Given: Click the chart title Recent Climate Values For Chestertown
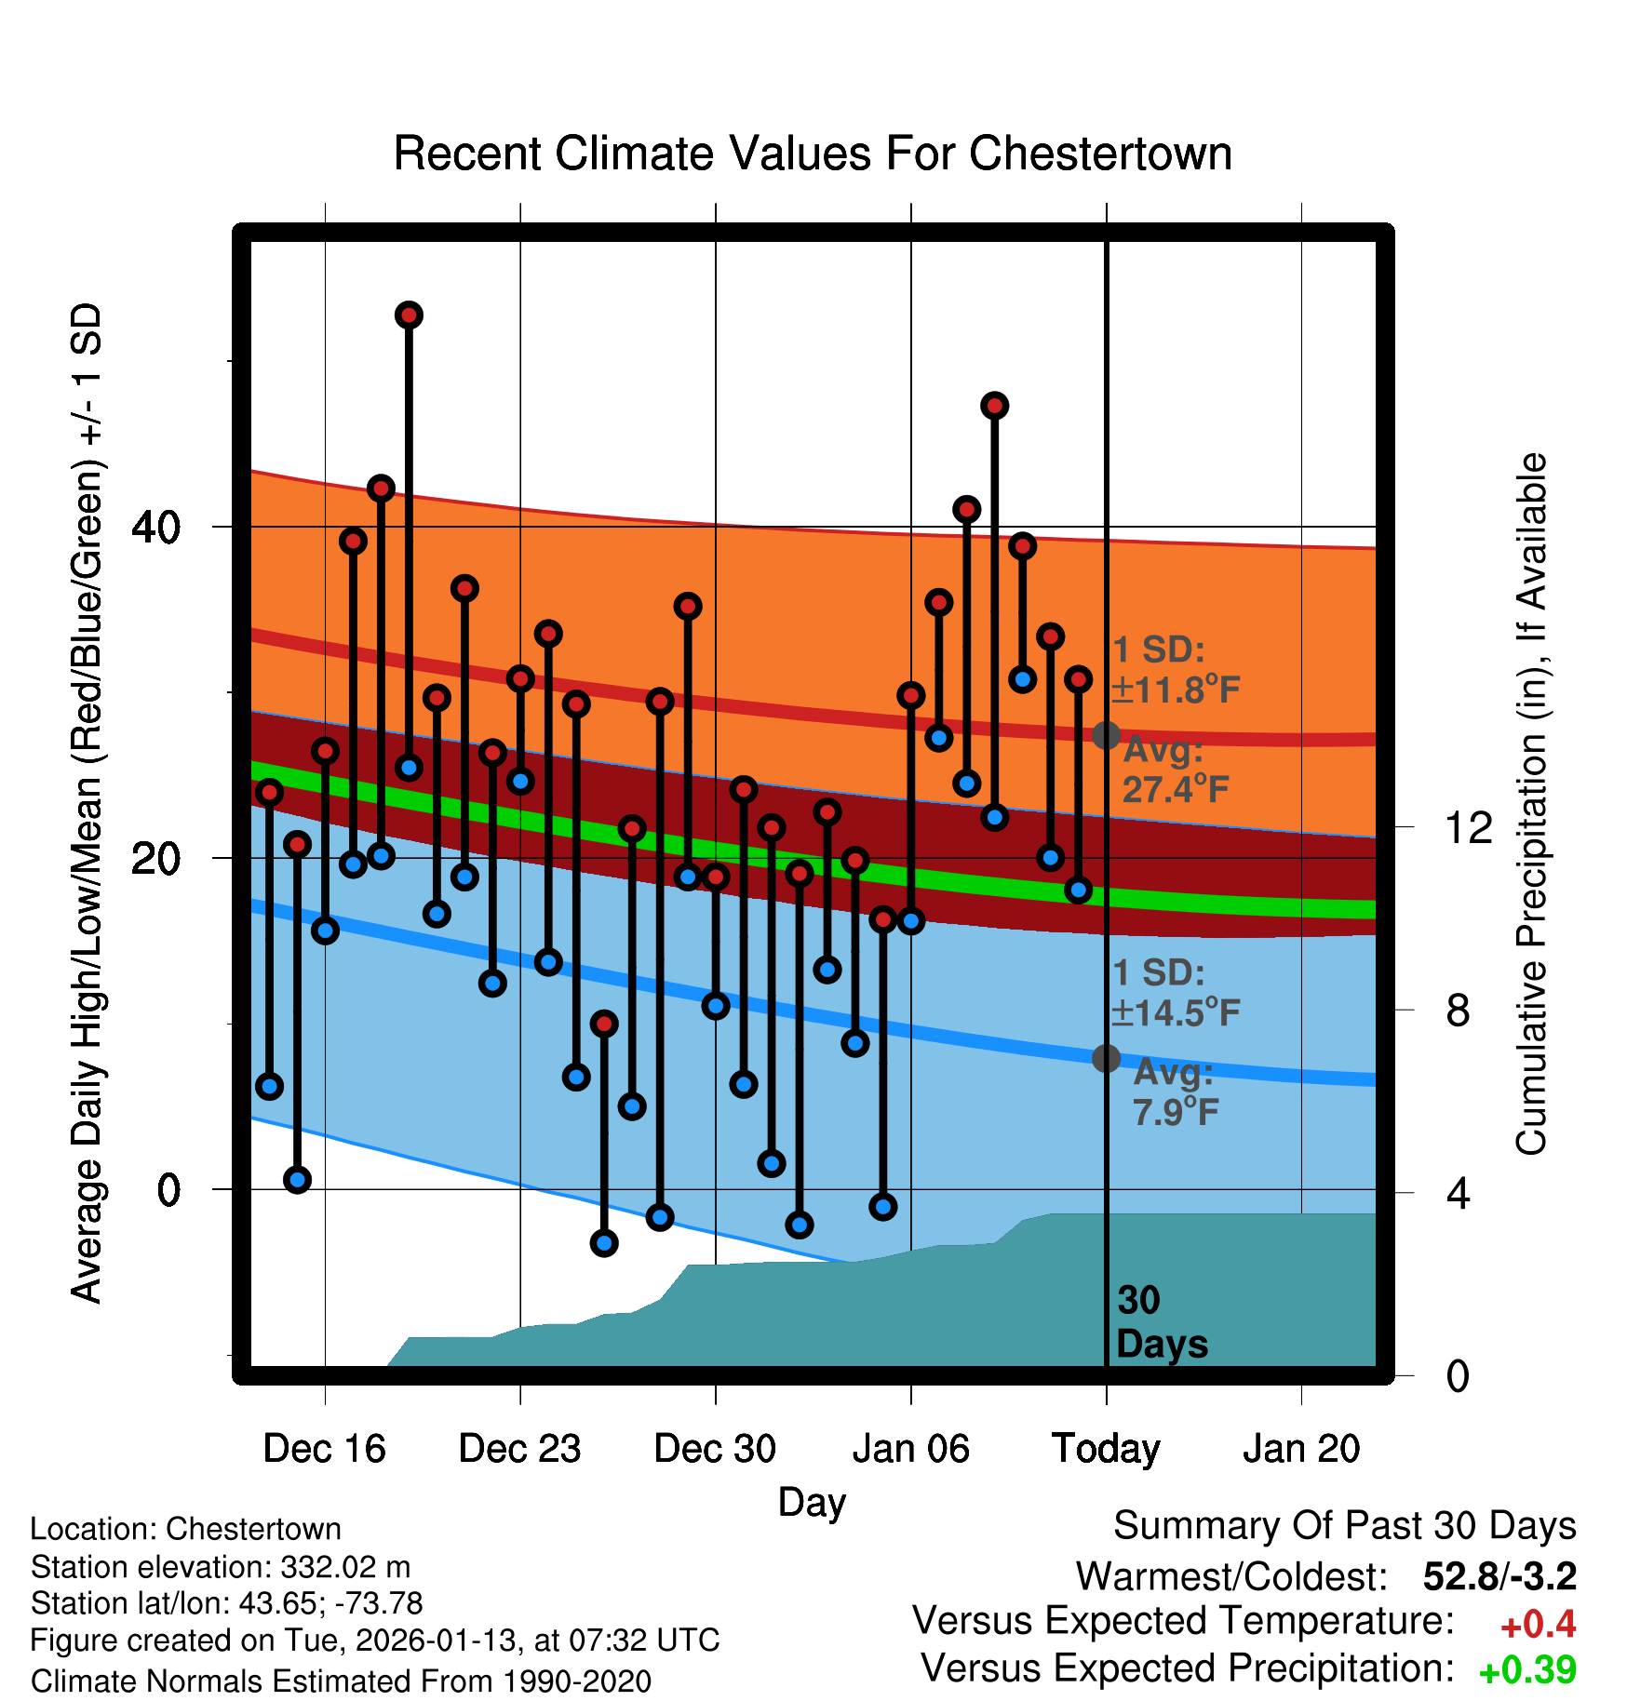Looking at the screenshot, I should (813, 154).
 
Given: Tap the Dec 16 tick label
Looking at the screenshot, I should (324, 1449).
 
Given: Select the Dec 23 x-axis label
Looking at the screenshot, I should (519, 1449).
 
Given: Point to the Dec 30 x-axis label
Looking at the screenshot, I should (715, 1449).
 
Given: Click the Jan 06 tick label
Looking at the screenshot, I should (910, 1449).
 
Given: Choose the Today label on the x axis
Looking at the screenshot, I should (1106, 1449).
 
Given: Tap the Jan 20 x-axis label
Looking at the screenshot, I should (1301, 1449).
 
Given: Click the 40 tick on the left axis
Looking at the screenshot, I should (155, 528).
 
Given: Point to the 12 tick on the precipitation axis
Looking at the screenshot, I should (1468, 827).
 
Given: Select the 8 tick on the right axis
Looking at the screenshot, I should (1458, 1011).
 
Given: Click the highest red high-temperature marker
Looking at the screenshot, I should (409, 315).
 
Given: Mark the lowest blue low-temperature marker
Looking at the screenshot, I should (604, 1243).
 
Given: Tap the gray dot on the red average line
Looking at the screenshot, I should (1106, 735).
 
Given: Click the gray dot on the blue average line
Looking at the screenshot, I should (1106, 1058).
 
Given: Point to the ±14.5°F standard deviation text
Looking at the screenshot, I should (1176, 1012).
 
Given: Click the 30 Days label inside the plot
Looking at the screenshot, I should (1161, 1322).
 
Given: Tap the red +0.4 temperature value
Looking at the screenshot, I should (1538, 1625).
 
